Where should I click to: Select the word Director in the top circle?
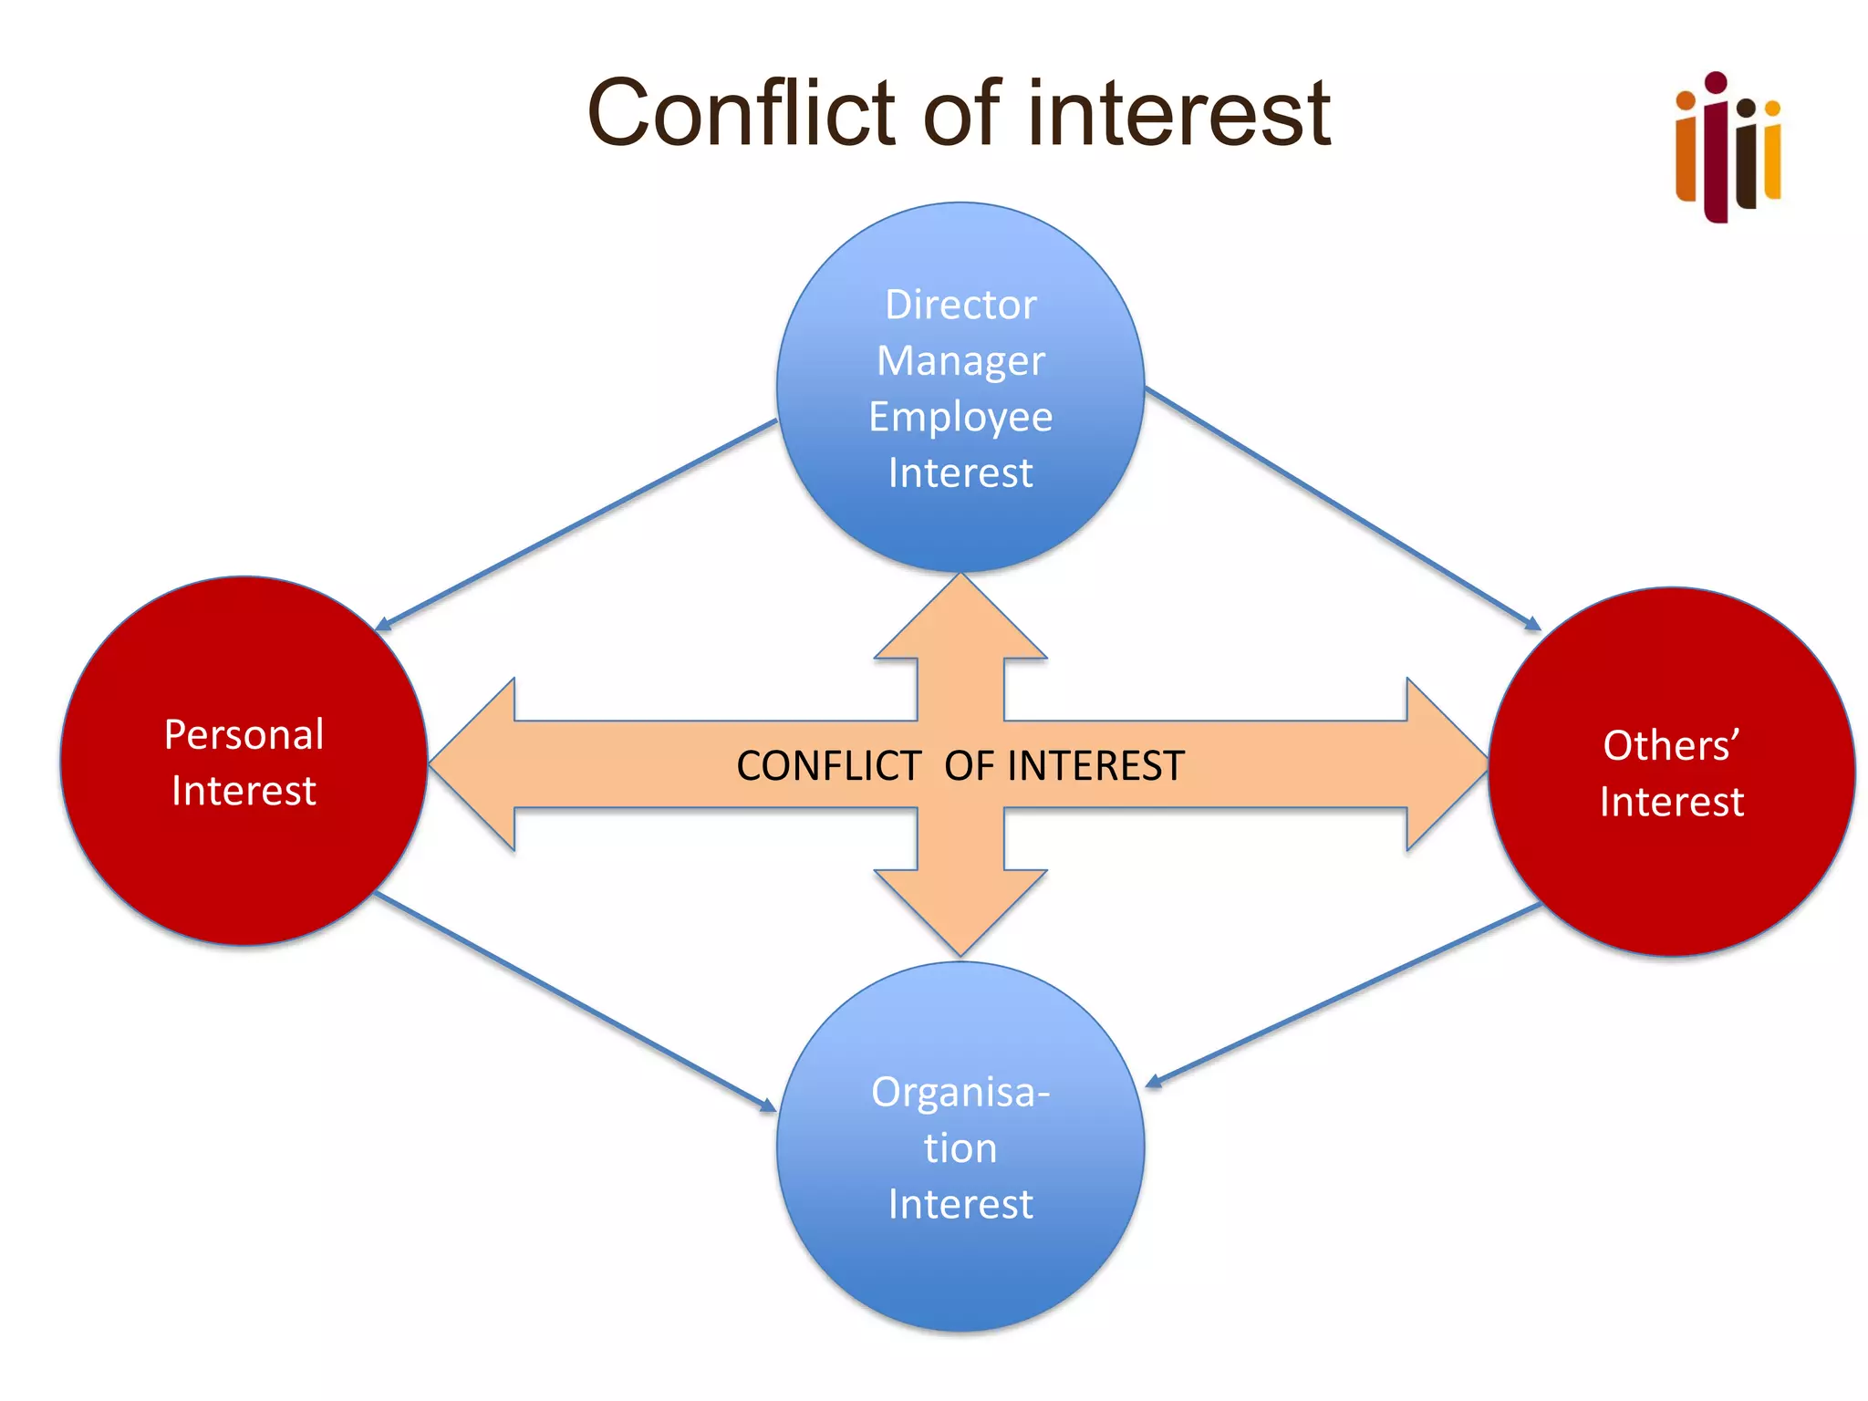click(960, 305)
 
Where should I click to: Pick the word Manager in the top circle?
click(960, 361)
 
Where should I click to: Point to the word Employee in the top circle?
click(960, 417)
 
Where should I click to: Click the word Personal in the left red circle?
click(244, 734)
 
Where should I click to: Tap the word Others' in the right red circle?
click(1671, 745)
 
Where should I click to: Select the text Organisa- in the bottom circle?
click(960, 1092)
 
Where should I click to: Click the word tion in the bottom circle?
click(960, 1147)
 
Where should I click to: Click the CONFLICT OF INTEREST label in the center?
click(960, 766)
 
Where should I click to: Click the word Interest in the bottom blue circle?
click(960, 1204)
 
